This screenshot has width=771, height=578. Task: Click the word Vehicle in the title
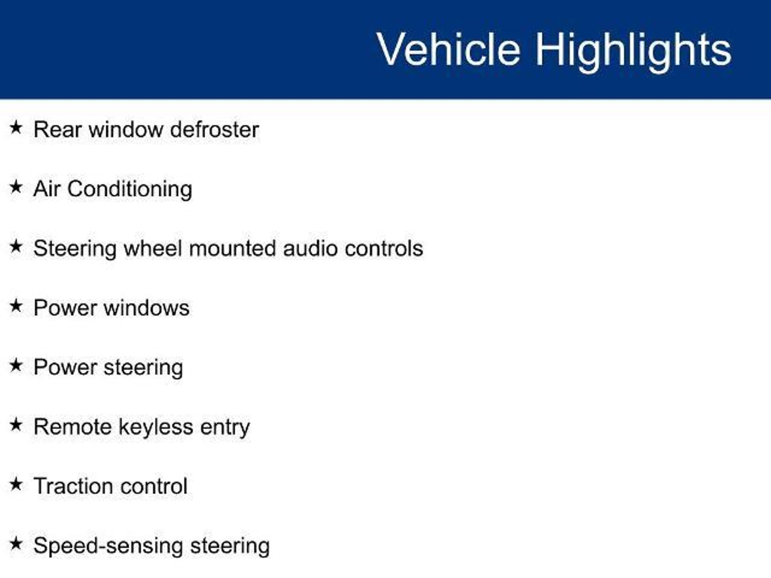449,49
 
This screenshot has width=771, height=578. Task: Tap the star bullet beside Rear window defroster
16,127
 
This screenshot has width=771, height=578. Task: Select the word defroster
215,129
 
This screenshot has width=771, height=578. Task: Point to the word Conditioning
130,189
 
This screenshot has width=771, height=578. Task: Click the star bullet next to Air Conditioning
16,187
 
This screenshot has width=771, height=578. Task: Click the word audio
310,249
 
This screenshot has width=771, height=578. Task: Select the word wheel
153,249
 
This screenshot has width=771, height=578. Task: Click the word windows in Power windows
146,308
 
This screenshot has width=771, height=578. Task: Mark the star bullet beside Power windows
16,306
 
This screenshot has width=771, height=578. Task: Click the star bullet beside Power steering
16,365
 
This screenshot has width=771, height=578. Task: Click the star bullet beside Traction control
16,484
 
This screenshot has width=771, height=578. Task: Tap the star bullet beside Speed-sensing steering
16,543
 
